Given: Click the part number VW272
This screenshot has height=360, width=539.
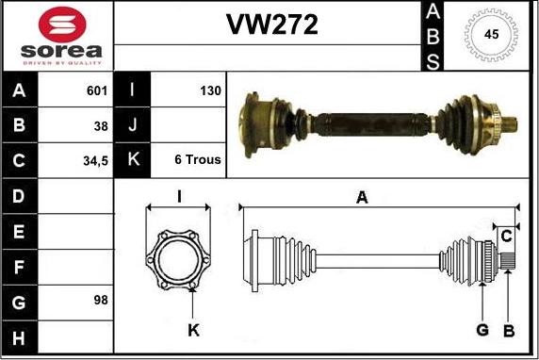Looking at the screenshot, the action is (270, 25).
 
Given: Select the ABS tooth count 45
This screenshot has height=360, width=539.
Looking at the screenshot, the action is (491, 35).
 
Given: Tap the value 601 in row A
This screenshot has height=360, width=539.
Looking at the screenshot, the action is (96, 91).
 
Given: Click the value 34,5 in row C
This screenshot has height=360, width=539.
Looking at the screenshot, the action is (94, 160).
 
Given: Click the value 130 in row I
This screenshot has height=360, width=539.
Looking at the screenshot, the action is (209, 91).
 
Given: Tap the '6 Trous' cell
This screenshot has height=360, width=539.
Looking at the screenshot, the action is (198, 160).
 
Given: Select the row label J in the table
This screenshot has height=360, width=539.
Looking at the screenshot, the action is (133, 125).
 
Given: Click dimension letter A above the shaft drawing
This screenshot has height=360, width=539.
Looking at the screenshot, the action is (361, 196).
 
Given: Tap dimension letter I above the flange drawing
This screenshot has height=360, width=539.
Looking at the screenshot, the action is (179, 196).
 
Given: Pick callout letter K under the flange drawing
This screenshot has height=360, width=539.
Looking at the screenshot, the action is (193, 330).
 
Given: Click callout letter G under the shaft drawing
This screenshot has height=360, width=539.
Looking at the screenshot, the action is (482, 330).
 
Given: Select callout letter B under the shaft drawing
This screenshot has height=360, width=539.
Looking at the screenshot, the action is (508, 330).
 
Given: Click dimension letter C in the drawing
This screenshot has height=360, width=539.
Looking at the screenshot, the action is (506, 234).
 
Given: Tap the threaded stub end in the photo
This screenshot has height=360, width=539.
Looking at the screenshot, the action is (510, 123).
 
